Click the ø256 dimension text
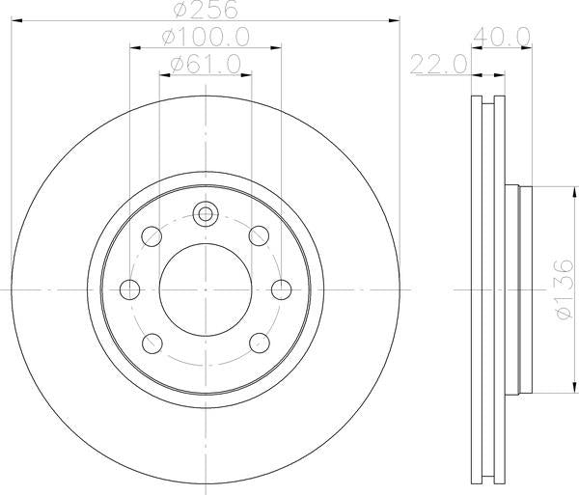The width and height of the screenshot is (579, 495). tap(206, 9)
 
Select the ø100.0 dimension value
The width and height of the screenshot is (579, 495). tap(206, 36)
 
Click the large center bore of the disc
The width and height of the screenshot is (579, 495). tap(205, 287)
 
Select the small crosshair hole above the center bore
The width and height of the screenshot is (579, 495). tap(205, 215)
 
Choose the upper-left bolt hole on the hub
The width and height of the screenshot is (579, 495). tap(151, 234)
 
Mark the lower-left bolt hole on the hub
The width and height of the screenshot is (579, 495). tap(151, 341)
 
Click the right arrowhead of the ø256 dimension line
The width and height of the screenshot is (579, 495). tap(393, 18)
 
